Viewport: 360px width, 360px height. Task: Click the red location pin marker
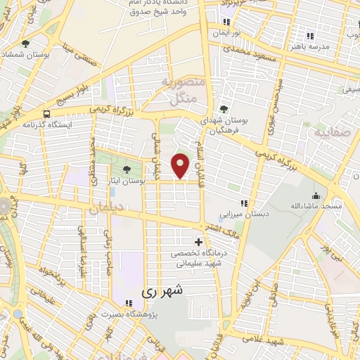tap(181, 164)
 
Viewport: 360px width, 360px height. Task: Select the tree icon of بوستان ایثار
tap(127, 169)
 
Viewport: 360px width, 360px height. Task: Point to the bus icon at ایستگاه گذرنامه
tap(46, 113)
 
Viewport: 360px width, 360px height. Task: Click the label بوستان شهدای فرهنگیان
tap(224, 125)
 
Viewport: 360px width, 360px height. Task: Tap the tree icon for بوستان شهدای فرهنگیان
tap(224, 109)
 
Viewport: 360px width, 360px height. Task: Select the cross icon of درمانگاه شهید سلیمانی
tap(198, 243)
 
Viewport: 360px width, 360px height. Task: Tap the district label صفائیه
tap(330, 133)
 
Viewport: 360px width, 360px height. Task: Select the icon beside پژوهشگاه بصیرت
tap(128, 303)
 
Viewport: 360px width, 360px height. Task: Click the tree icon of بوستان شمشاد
tap(26, 44)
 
